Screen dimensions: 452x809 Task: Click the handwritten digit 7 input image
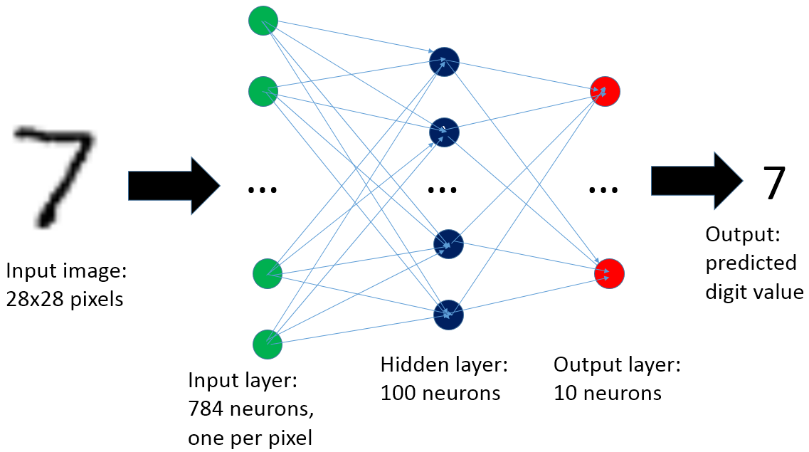[55, 174]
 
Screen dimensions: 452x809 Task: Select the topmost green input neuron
[263, 21]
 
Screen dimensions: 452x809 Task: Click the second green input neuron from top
[263, 90]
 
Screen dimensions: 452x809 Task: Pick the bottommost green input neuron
[268, 345]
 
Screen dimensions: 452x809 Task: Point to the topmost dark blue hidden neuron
[445, 62]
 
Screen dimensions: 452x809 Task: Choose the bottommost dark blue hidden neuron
[448, 314]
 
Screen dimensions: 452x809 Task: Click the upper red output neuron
[606, 92]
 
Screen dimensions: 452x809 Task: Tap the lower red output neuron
[609, 274]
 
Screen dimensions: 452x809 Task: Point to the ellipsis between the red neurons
[604, 190]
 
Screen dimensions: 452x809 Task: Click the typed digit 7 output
[773, 184]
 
